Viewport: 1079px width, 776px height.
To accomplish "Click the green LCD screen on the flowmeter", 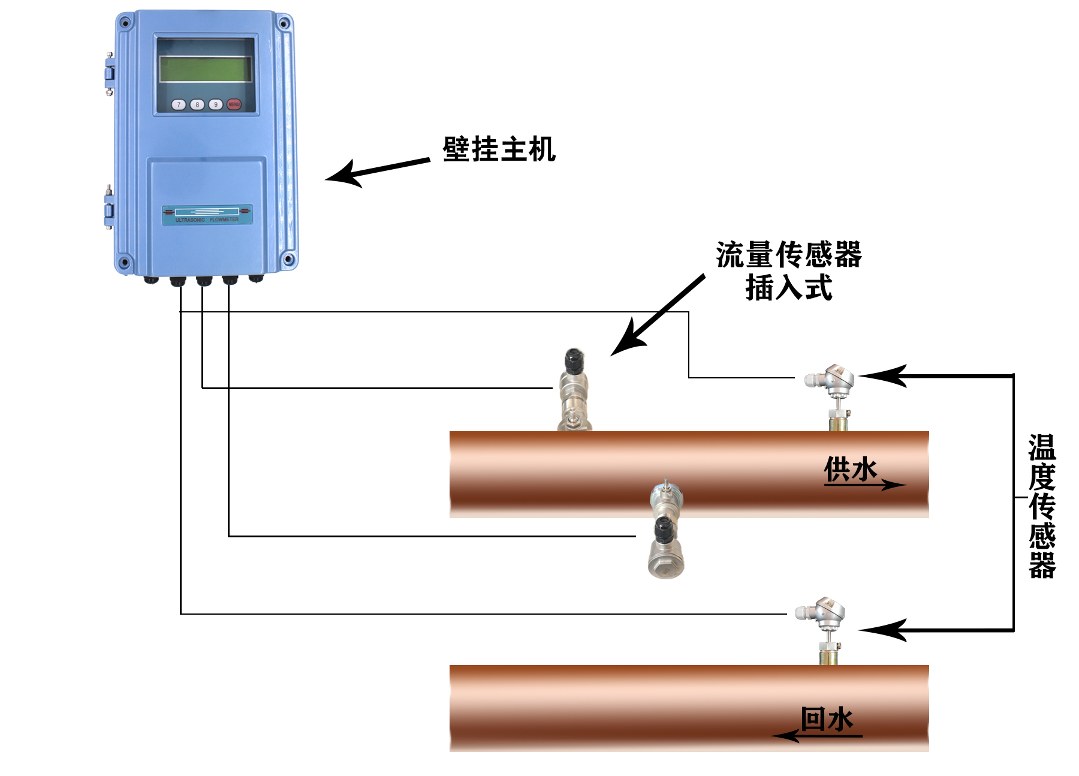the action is click(x=205, y=68).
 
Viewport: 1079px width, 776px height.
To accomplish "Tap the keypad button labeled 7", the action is click(x=179, y=104).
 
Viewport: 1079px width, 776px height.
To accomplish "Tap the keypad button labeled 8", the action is click(x=197, y=104).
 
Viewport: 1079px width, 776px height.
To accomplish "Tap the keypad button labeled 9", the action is click(x=216, y=104).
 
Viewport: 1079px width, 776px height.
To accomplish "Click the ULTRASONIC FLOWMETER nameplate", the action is click(x=207, y=215).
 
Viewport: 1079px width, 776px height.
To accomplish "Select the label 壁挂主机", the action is click(x=499, y=149).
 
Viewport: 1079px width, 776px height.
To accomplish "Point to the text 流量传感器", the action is click(x=789, y=255).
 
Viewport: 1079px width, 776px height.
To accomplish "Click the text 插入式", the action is click(x=789, y=287).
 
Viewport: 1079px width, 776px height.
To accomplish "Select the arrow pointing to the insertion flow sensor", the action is click(x=658, y=315).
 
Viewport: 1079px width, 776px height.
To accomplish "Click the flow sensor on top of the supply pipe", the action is click(x=574, y=390).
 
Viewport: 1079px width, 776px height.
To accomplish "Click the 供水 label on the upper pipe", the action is click(x=851, y=469).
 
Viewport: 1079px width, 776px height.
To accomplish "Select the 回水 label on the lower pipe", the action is click(x=827, y=719).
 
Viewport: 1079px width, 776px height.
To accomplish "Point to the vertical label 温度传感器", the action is click(x=1042, y=506).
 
